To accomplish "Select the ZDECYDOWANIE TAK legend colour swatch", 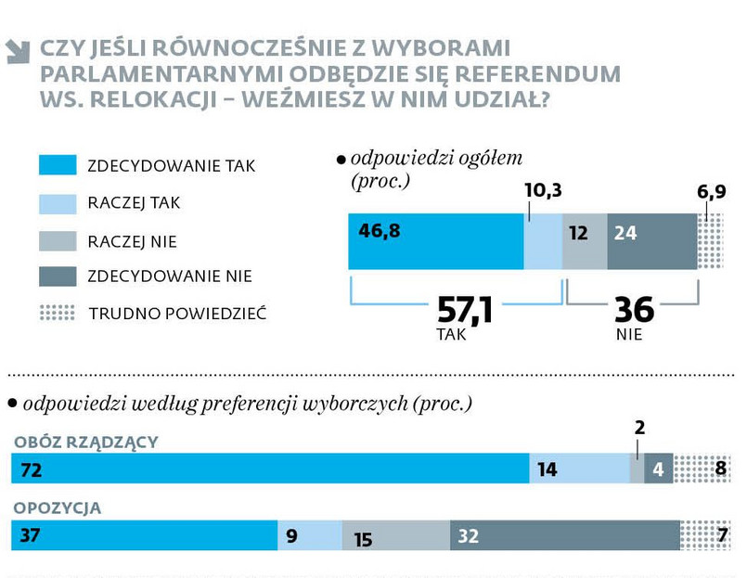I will [57, 166].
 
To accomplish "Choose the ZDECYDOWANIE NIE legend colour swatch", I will [57, 276].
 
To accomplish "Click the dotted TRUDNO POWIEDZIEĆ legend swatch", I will [57, 313].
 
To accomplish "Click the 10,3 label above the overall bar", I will [544, 190].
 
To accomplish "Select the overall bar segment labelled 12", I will [585, 241].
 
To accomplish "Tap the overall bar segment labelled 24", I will [651, 241].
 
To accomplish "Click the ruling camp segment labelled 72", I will [269, 469].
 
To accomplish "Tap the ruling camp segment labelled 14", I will [579, 469].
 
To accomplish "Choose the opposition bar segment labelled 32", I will [564, 535].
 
